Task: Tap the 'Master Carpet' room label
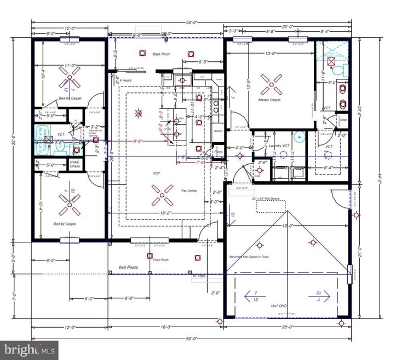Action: [x=269, y=100]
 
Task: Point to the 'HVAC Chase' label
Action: [x=74, y=163]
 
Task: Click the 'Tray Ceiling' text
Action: [x=188, y=190]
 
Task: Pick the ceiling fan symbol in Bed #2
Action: [x=68, y=204]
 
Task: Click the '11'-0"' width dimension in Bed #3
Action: [x=68, y=65]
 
